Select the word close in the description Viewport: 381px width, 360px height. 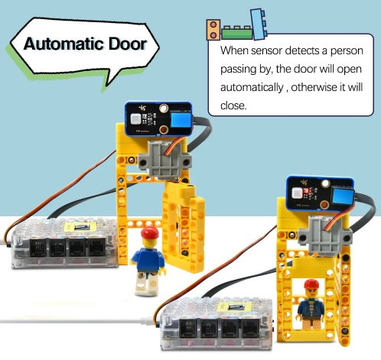click(x=233, y=105)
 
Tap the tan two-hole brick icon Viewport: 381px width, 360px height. click(x=213, y=30)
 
